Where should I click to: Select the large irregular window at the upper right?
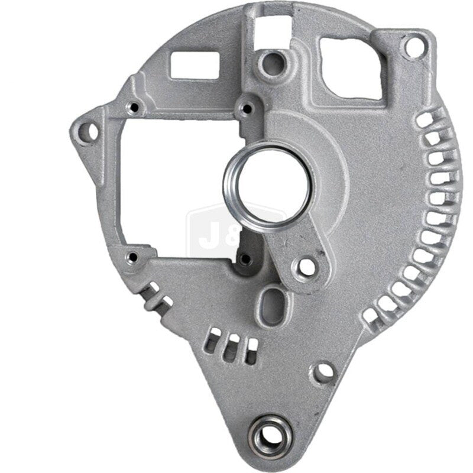[351, 66]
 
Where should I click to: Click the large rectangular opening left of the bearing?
[171, 189]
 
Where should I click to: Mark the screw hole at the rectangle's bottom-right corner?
[244, 258]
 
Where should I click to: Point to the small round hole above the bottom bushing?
[323, 371]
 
